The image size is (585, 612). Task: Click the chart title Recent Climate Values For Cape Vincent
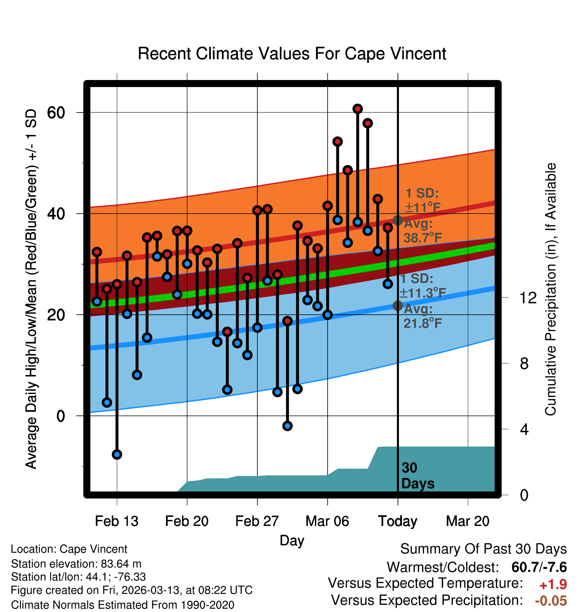tap(292, 54)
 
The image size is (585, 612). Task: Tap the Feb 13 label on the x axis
tap(116, 521)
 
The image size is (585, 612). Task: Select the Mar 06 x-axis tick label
tap(327, 521)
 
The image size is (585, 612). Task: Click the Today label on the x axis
tap(398, 521)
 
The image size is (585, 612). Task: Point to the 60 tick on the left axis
tap(56, 112)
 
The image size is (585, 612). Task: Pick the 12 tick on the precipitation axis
tap(528, 297)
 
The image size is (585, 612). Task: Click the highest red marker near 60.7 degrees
tap(357, 109)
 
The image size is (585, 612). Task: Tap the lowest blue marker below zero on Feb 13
tap(117, 454)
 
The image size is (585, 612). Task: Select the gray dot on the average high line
tap(398, 220)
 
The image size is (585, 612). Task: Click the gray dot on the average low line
tap(398, 305)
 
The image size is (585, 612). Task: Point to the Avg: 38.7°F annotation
tap(423, 230)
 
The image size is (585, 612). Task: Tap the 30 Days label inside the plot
tap(417, 475)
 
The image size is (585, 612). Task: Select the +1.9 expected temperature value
tap(553, 585)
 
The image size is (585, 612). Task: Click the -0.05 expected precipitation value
tap(551, 601)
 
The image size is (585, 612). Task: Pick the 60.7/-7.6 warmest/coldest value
tap(539, 567)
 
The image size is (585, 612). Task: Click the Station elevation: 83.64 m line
tap(76, 564)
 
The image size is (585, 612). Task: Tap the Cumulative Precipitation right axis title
tap(550, 289)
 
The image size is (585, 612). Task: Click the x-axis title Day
tap(292, 540)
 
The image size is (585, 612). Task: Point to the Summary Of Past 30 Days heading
tap(483, 549)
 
